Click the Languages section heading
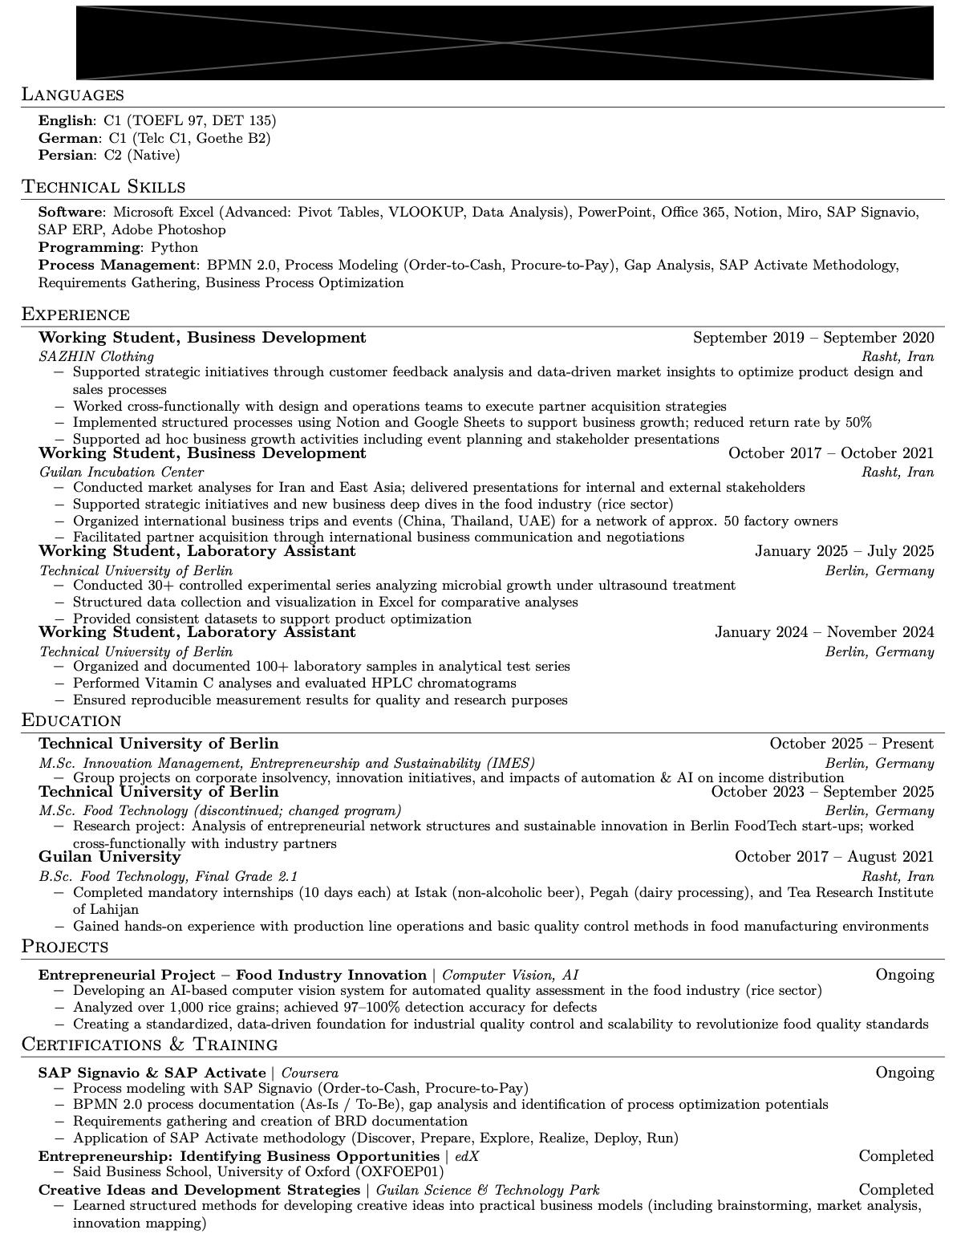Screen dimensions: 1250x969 coord(73,95)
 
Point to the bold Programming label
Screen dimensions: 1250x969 coord(89,248)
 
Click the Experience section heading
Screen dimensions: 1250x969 coord(75,315)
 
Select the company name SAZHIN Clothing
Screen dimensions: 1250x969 coord(96,356)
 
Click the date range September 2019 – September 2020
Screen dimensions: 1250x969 coord(813,338)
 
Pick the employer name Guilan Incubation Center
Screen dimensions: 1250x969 coord(121,473)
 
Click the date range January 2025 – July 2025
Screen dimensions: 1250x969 coord(844,551)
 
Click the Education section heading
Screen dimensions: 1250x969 coord(71,720)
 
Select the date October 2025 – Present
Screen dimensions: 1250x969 coord(851,744)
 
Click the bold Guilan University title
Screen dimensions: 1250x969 coord(110,857)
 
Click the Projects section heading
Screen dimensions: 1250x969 coord(65,948)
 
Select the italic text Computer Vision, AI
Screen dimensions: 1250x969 coord(510,976)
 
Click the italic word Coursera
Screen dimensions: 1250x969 coord(310,1073)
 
